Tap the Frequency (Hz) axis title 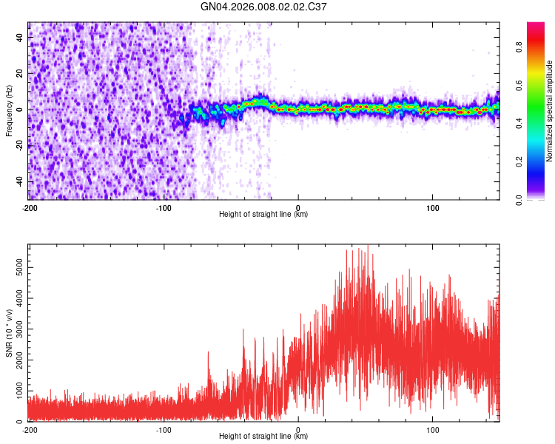[x=9, y=110]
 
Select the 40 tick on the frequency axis [x=20, y=38]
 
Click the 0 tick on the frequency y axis [x=22, y=110]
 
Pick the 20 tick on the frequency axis [x=20, y=74]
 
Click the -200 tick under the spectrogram [x=30, y=206]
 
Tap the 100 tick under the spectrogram [x=433, y=206]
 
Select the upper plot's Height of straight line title [x=263, y=215]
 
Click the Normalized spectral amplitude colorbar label [x=550, y=111]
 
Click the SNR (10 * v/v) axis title [x=9, y=333]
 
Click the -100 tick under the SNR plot [x=164, y=429]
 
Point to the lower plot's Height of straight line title [x=263, y=437]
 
